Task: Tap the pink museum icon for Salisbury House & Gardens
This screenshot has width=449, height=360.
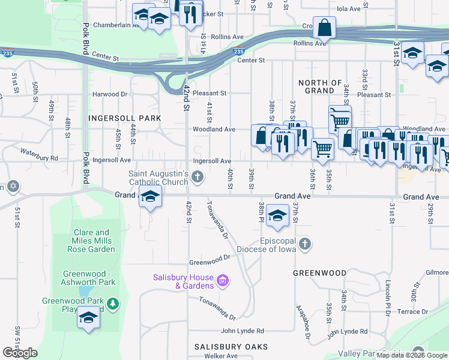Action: point(223,280)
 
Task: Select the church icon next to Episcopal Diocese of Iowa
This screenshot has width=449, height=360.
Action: point(305,243)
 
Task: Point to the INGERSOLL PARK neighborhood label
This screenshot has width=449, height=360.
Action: point(124,118)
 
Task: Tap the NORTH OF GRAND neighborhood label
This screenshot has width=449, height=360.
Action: point(320,87)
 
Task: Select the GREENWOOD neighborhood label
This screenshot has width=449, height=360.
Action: point(319,273)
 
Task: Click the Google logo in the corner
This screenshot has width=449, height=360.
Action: point(20,353)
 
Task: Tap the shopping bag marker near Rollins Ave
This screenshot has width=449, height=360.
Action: point(324,28)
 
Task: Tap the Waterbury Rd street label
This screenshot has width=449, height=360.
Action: point(39,158)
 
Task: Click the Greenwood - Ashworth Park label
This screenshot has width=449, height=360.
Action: point(89,278)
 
